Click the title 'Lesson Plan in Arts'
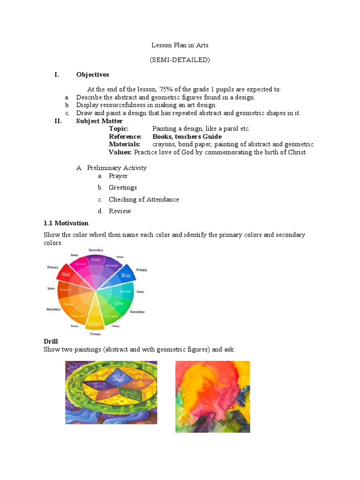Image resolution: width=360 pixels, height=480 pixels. pyautogui.click(x=180, y=45)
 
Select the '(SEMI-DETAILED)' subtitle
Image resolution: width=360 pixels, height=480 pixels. pyautogui.click(x=180, y=60)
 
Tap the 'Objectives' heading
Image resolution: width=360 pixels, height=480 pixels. pyautogui.click(x=92, y=75)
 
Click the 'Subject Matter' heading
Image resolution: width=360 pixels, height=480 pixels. pyautogui.click(x=99, y=121)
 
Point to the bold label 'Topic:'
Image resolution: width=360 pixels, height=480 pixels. pyautogui.click(x=119, y=128)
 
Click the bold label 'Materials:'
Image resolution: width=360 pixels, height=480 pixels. pyautogui.click(x=125, y=144)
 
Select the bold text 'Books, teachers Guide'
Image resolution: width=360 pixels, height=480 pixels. pyautogui.click(x=187, y=136)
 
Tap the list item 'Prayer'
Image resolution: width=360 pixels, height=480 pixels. pyautogui.click(x=118, y=176)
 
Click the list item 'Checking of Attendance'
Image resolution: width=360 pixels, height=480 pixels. pyautogui.click(x=144, y=199)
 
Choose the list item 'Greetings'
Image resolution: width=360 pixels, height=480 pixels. pyautogui.click(x=123, y=187)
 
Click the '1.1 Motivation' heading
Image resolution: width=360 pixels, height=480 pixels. pyautogui.click(x=66, y=223)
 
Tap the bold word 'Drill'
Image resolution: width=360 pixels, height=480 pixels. pyautogui.click(x=51, y=342)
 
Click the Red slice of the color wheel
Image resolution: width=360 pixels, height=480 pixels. pyautogui.click(x=66, y=275)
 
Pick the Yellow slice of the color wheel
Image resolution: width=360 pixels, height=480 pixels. pyautogui.click(x=96, y=321)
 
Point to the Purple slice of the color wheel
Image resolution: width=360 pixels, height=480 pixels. pyautogui.click(x=96, y=261)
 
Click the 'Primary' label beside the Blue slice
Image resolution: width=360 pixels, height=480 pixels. pyautogui.click(x=142, y=270)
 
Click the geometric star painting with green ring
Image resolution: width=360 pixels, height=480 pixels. pyautogui.click(x=111, y=392)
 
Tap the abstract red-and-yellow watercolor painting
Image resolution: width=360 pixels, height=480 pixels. pyautogui.click(x=212, y=397)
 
